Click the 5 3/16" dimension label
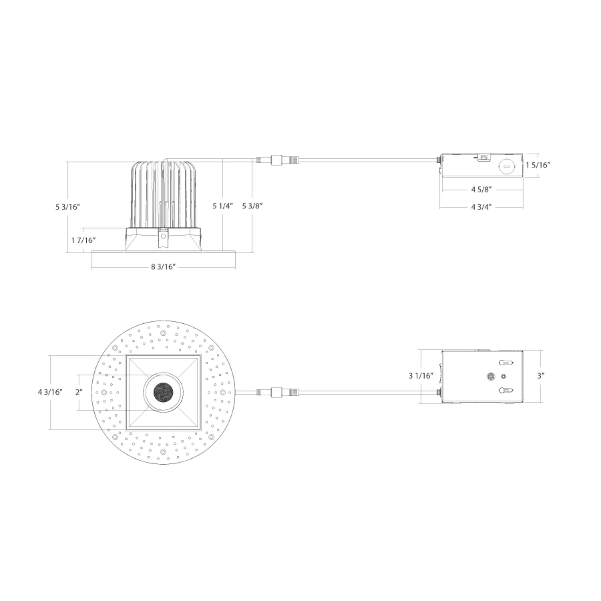[68, 207]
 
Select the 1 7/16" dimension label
[83, 240]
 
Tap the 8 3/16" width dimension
[163, 267]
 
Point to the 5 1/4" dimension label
[223, 206]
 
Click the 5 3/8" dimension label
[252, 206]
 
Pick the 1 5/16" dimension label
[538, 165]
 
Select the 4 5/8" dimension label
[481, 189]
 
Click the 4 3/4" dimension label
[481, 207]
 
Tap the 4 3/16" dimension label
[50, 392]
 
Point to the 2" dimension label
[79, 392]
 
